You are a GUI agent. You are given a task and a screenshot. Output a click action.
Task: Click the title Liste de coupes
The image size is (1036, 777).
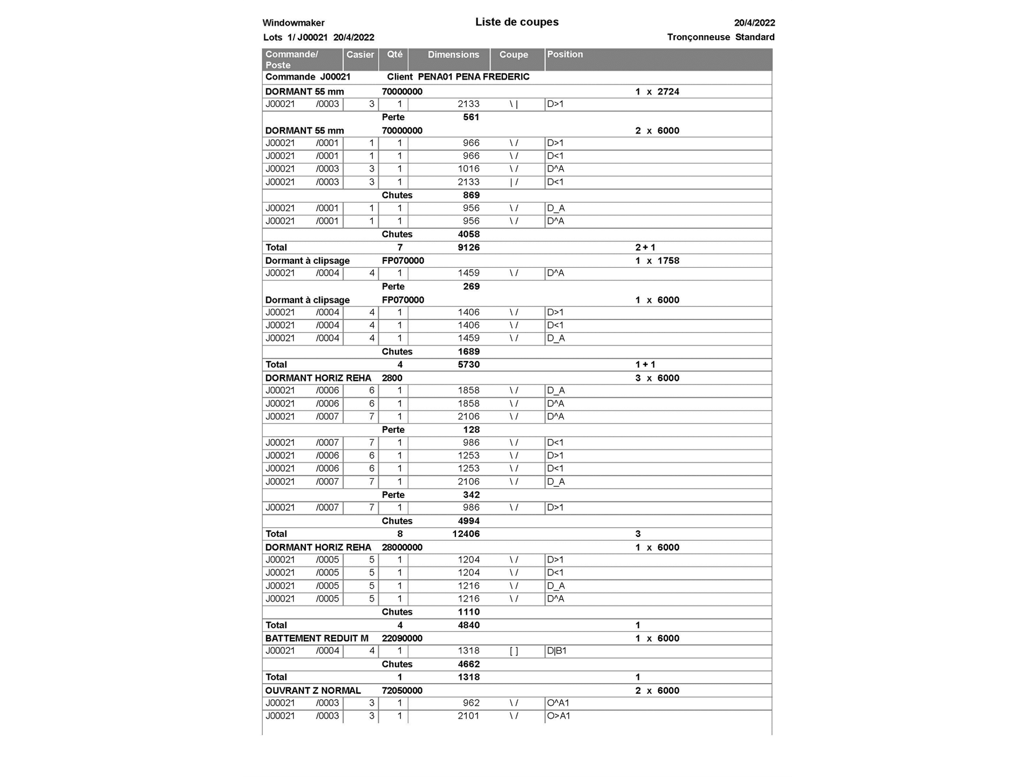[516, 22]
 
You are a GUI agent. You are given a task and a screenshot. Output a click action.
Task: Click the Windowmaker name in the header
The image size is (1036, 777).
[294, 23]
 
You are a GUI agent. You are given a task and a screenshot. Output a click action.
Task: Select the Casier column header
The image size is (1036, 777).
[360, 54]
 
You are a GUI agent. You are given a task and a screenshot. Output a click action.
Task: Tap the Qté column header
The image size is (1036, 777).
[394, 54]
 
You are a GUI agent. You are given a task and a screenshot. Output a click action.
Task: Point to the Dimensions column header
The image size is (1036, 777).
[453, 54]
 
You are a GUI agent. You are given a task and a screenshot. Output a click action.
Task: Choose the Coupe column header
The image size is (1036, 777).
[513, 54]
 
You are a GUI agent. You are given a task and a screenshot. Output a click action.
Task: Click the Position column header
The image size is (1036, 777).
[565, 54]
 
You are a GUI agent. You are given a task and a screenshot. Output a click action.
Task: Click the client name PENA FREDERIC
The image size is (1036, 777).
[492, 77]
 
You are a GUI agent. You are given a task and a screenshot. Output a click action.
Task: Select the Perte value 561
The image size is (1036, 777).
[471, 117]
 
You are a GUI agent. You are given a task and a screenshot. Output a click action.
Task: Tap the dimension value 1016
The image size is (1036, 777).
[468, 169]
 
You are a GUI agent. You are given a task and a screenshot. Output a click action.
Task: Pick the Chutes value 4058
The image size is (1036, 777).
[468, 234]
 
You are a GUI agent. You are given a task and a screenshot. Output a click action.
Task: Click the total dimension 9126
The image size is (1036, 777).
[468, 247]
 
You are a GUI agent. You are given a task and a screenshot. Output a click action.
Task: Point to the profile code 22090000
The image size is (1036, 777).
[402, 638]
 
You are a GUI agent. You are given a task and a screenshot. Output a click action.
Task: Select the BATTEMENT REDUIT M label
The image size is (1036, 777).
[317, 638]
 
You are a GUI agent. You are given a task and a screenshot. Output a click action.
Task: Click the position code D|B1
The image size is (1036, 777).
[557, 651]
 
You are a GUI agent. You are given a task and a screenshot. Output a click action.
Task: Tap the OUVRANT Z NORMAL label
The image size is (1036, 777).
[313, 691]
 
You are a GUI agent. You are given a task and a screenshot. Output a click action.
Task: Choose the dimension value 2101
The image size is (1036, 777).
[468, 716]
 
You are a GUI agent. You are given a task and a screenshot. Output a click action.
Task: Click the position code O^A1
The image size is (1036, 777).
[558, 703]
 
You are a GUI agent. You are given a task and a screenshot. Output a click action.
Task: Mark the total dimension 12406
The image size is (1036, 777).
[466, 534]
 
